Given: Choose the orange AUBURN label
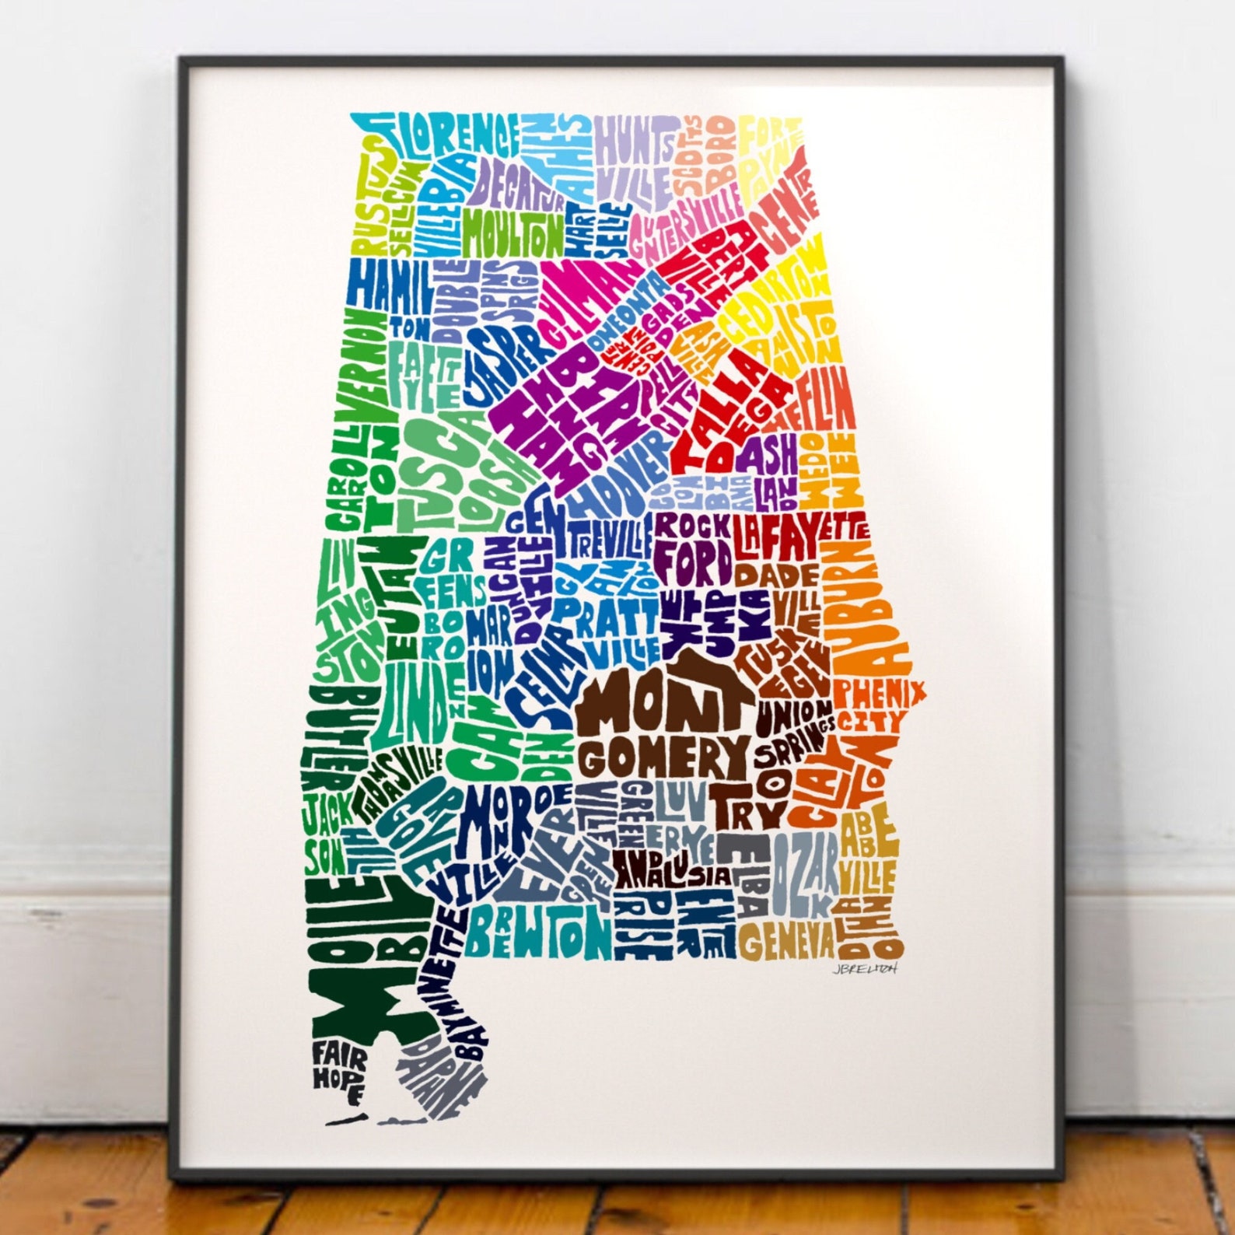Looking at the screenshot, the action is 867,607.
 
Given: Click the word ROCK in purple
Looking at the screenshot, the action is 691,527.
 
